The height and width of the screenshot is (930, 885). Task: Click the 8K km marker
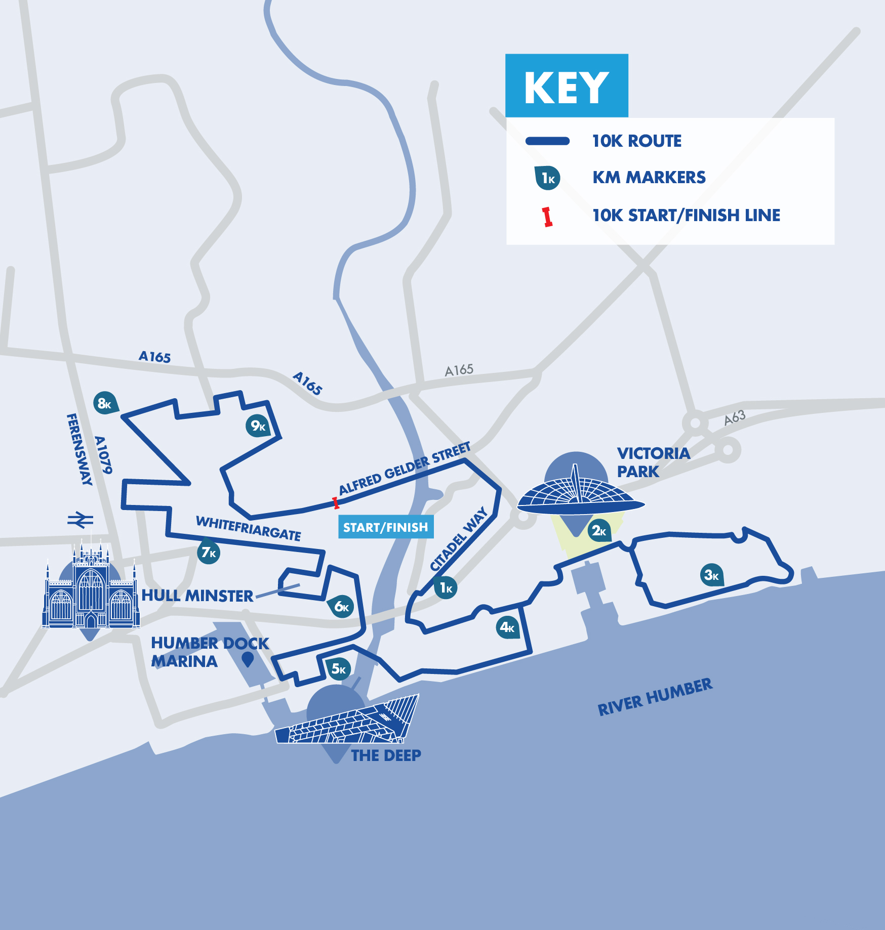[105, 403]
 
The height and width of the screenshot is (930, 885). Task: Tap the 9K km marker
[258, 426]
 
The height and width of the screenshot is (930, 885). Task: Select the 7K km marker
[208, 552]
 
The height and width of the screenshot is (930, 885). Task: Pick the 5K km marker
[338, 669]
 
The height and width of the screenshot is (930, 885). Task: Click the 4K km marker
[507, 627]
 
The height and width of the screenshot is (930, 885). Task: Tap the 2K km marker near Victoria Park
[599, 530]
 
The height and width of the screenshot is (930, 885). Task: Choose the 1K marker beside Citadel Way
[446, 587]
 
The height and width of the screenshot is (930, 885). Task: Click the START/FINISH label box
[386, 527]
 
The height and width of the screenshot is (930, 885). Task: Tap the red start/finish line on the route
[336, 503]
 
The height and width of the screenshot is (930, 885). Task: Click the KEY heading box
[567, 86]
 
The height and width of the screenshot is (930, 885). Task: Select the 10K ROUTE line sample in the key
[547, 141]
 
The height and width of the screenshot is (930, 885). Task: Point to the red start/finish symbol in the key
[547, 217]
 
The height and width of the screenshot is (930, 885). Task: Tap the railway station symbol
[81, 520]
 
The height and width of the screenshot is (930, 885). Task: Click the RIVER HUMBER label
[655, 697]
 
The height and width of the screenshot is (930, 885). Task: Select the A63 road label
[734, 418]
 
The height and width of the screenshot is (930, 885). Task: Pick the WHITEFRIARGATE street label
[248, 528]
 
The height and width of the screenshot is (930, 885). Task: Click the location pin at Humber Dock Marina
[248, 659]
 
